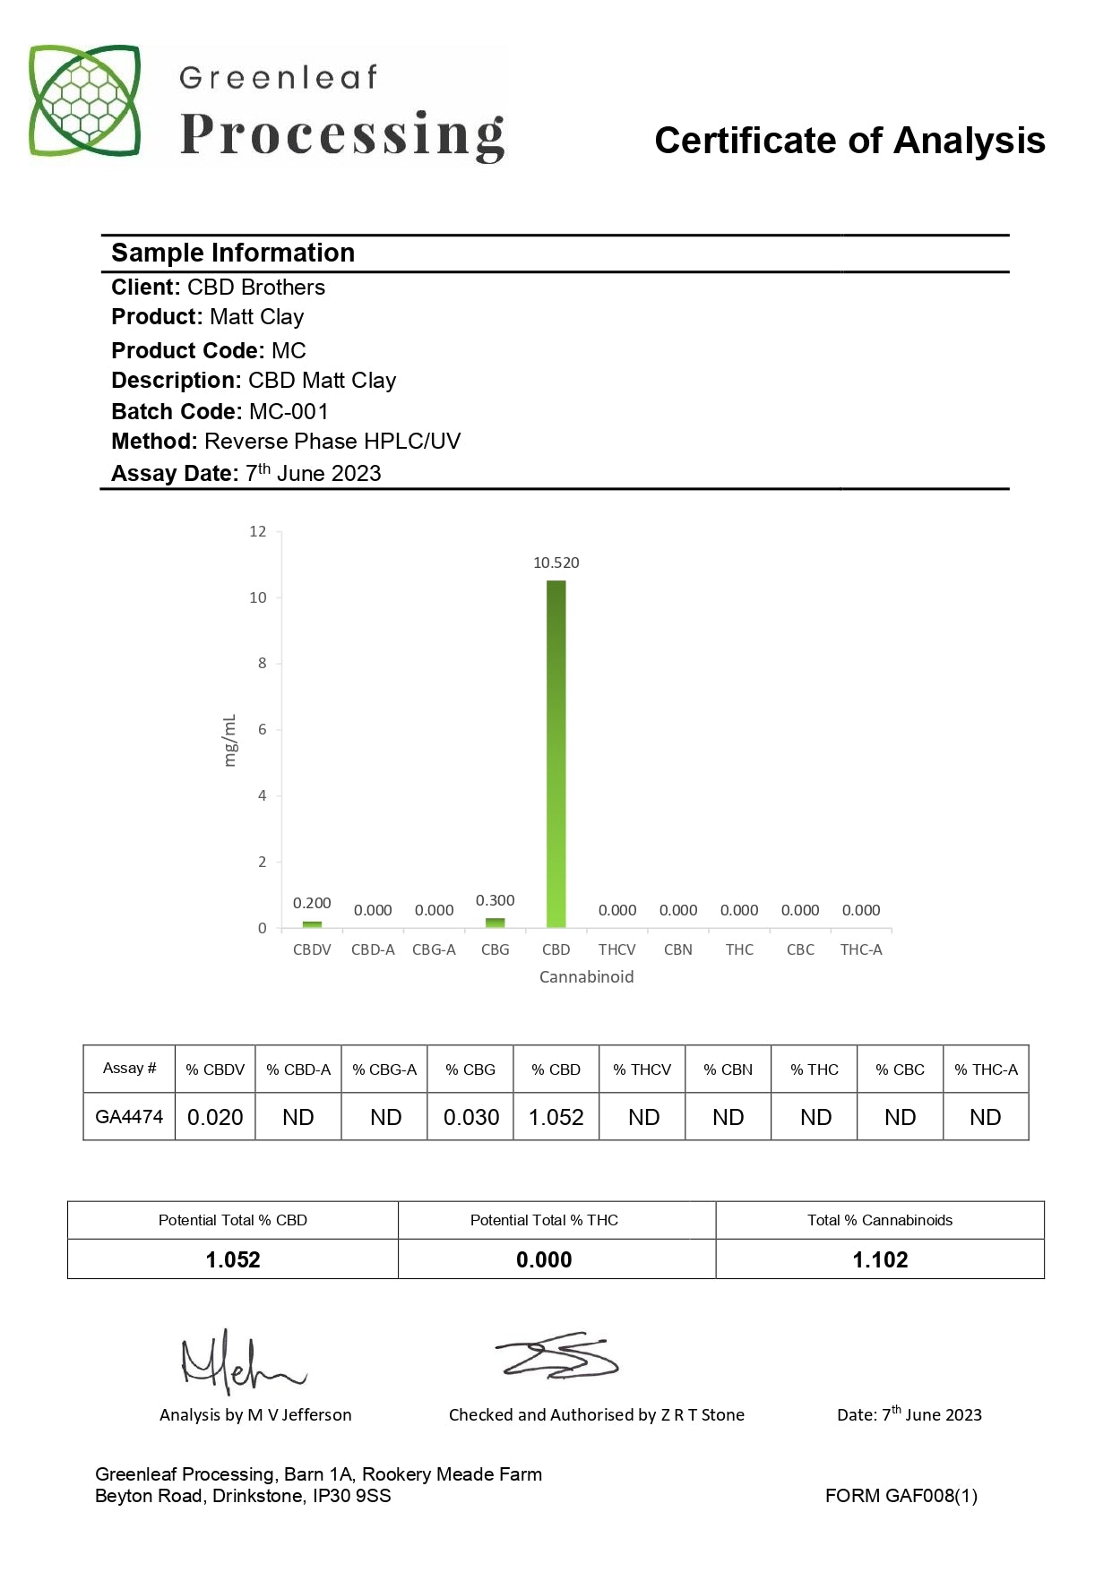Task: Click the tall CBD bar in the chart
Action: pyautogui.click(x=556, y=753)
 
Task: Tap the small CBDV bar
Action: pyautogui.click(x=312, y=923)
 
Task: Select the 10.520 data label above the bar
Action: pyautogui.click(x=556, y=563)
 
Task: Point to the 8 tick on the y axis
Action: pyautogui.click(x=262, y=663)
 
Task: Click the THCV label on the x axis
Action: pyautogui.click(x=616, y=949)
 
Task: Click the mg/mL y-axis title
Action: pyautogui.click(x=229, y=740)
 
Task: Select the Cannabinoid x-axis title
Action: pyautogui.click(x=586, y=976)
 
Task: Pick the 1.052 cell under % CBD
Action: pyautogui.click(x=556, y=1117)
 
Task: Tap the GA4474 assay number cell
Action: pyautogui.click(x=129, y=1117)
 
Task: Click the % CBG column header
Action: pyautogui.click(x=470, y=1069)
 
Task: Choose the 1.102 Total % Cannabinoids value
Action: pyautogui.click(x=880, y=1259)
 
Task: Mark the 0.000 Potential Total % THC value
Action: pyautogui.click(x=544, y=1259)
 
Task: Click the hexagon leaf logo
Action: pyautogui.click(x=85, y=100)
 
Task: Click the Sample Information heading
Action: pyautogui.click(x=233, y=253)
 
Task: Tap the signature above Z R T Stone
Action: pyautogui.click(x=557, y=1355)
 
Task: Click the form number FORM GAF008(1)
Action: pyautogui.click(x=901, y=1496)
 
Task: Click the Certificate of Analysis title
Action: pyautogui.click(x=849, y=141)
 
